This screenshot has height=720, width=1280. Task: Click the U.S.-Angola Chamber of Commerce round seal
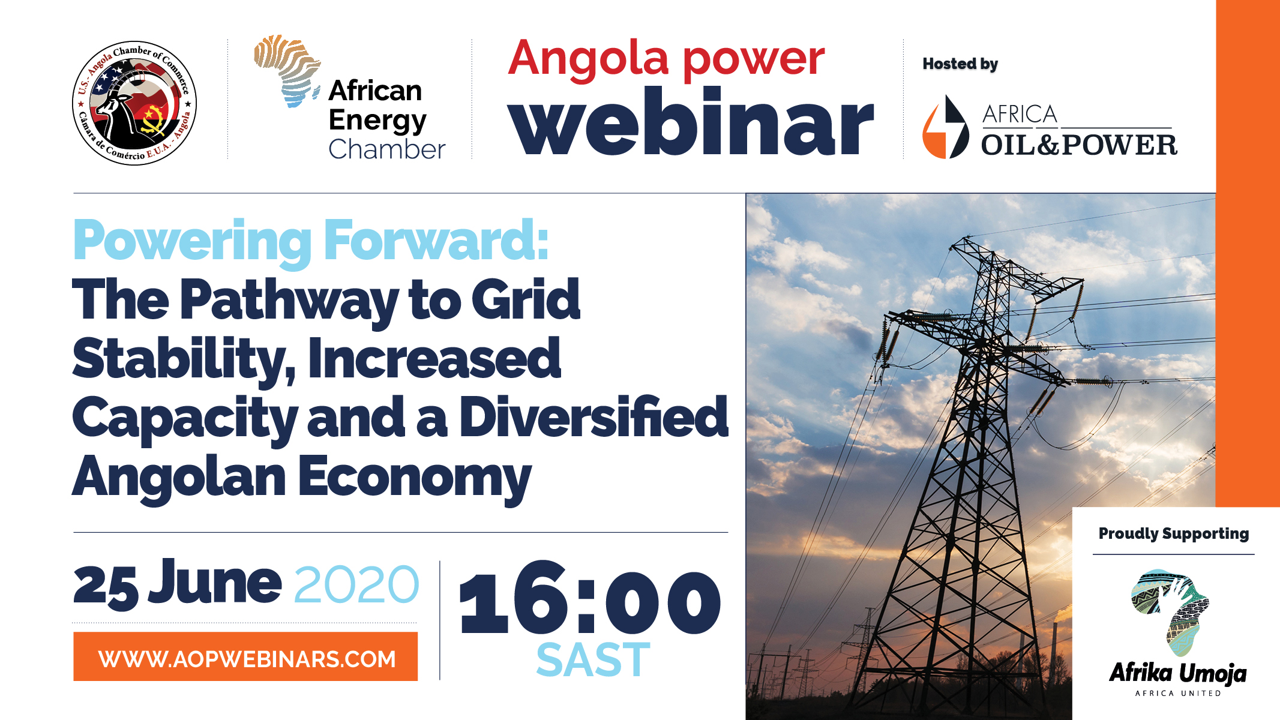pos(134,103)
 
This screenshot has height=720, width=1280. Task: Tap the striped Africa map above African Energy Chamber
pos(287,71)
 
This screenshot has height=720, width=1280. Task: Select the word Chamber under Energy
pos(387,149)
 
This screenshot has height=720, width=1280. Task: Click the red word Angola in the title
pos(588,59)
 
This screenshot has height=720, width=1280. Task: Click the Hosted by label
pos(960,64)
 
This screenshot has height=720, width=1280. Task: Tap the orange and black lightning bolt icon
pos(946,127)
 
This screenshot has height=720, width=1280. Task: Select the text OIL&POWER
pos(1079,145)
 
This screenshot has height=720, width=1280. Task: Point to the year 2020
pos(356,584)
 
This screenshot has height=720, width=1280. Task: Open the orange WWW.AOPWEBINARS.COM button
pos(245,656)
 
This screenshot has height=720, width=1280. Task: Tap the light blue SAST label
pos(593,660)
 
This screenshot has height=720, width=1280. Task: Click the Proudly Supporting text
pos(1174,533)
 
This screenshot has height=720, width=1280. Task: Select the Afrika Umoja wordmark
pos(1177,673)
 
